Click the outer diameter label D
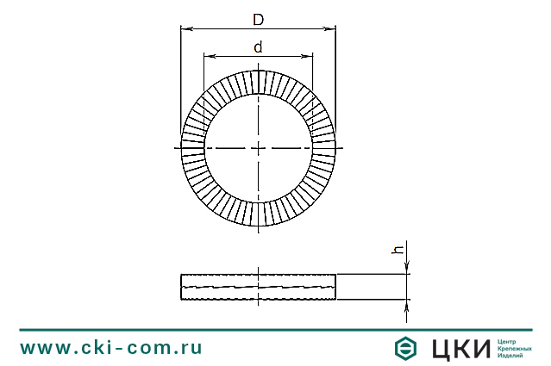pyautogui.click(x=258, y=19)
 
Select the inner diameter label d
pyautogui.click(x=258, y=48)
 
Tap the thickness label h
pyautogui.click(x=398, y=250)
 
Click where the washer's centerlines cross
pyautogui.click(x=258, y=148)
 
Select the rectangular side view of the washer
pyautogui.click(x=258, y=287)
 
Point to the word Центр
pyautogui.click(x=509, y=340)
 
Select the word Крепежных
pyautogui.click(x=515, y=348)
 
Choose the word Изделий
pyautogui.click(x=511, y=355)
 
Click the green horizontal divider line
pyautogui.click(x=275, y=328)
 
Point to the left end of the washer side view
pyautogui.click(x=183, y=287)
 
